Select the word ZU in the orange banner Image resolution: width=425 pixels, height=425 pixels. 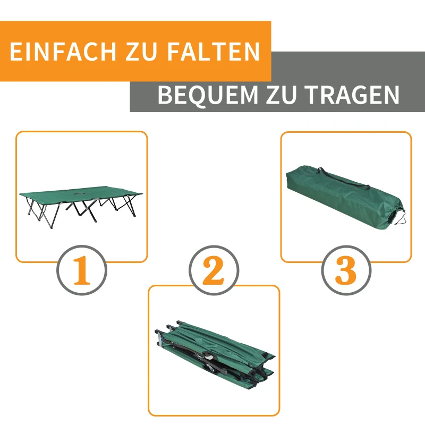[x=142, y=52]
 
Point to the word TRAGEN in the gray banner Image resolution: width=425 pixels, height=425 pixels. [x=351, y=96]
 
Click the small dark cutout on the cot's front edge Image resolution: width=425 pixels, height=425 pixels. [x=80, y=194]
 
